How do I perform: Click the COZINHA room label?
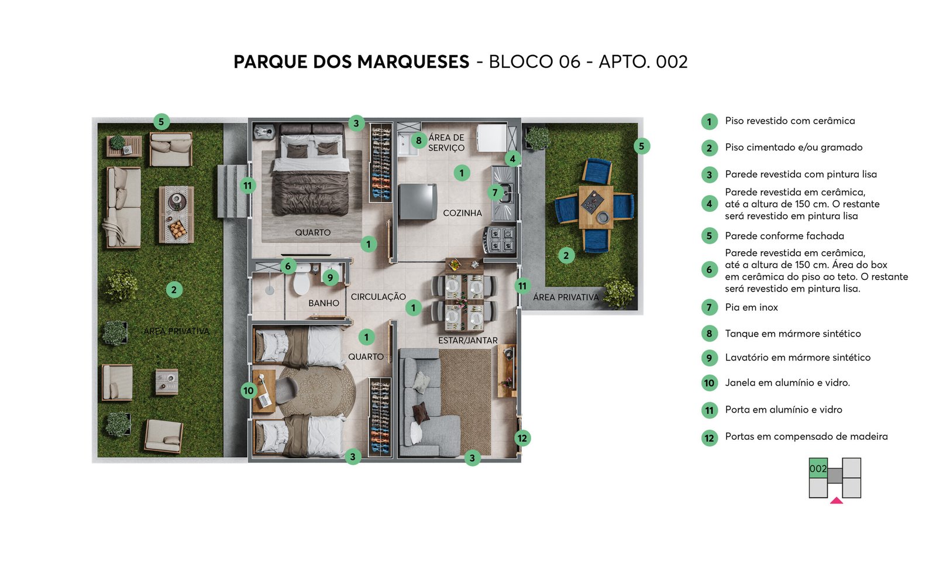coord(462,213)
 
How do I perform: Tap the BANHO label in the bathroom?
coord(324,303)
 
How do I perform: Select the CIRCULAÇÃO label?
coord(378,297)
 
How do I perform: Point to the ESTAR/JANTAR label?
coord(467,341)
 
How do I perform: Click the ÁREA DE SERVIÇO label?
coord(446,143)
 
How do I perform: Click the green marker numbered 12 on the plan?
coord(522,438)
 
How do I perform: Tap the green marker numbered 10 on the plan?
coord(249,390)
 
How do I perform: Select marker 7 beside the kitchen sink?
coord(495,193)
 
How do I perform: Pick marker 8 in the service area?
coord(418,140)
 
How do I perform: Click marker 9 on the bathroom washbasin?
coord(330,277)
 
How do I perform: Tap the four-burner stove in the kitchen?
coord(500,240)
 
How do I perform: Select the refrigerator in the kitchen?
coord(418,201)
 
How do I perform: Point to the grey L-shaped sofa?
coord(422,403)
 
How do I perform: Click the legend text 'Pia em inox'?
coord(751,307)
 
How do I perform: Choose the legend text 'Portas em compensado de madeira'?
coord(806,437)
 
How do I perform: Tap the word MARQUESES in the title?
coord(413,62)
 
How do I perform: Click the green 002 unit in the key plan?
coord(818,468)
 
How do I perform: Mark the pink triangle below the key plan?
coord(836,501)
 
